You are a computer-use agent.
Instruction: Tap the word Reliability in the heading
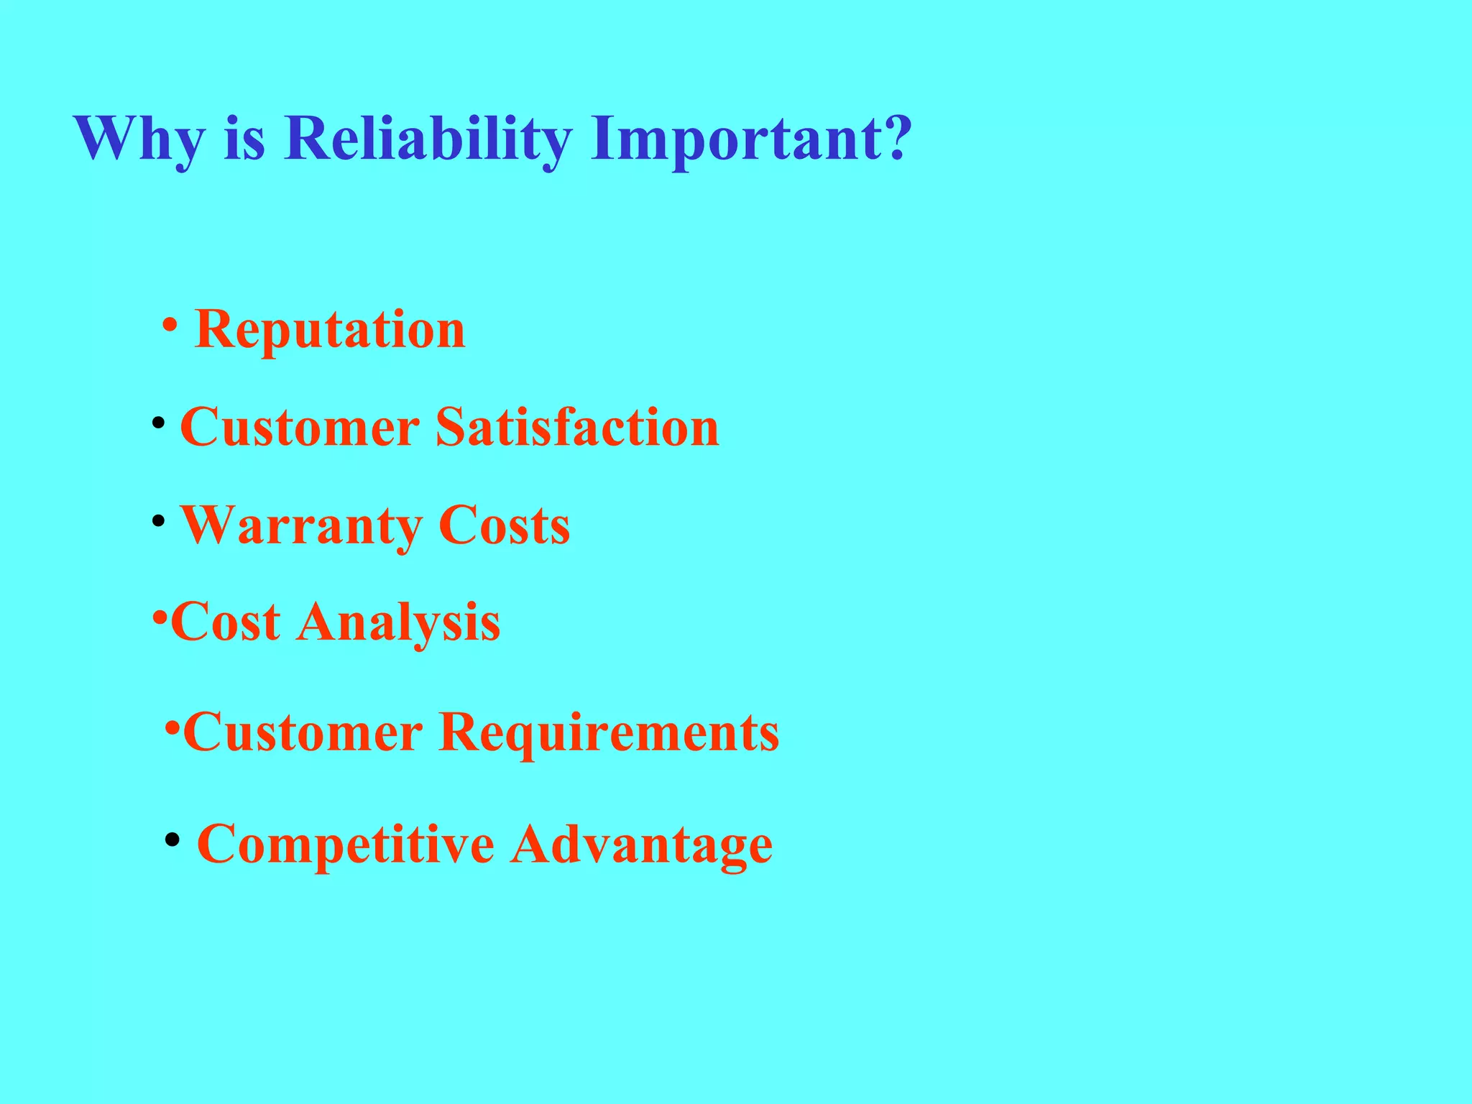click(x=428, y=138)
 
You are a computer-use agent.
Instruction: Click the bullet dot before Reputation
click(x=170, y=324)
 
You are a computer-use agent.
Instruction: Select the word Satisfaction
click(x=577, y=427)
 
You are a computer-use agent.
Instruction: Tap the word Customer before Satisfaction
click(x=300, y=427)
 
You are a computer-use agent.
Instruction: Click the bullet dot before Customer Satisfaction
click(x=158, y=422)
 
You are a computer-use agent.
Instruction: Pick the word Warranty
click(x=300, y=526)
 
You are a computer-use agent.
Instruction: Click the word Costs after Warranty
click(x=504, y=525)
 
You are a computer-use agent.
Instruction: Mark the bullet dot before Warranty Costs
click(x=158, y=520)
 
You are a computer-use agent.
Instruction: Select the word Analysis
click(x=399, y=622)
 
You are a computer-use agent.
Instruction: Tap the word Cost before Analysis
click(x=226, y=622)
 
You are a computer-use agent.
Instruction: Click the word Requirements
click(x=609, y=733)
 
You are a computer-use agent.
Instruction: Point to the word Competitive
click(x=346, y=844)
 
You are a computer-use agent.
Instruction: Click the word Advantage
click(x=642, y=845)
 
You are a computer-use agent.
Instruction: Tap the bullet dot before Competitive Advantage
click(x=172, y=839)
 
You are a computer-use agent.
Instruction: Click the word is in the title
click(x=244, y=138)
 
